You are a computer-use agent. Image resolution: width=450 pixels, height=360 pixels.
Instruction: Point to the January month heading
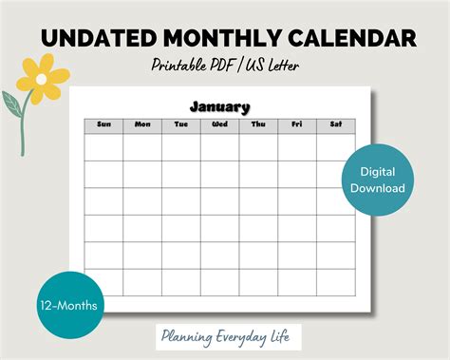click(x=219, y=106)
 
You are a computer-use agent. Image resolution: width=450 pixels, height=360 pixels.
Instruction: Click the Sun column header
click(x=103, y=124)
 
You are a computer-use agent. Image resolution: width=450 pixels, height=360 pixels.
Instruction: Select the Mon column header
click(x=142, y=124)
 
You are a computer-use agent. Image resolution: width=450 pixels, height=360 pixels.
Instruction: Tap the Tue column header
click(x=181, y=124)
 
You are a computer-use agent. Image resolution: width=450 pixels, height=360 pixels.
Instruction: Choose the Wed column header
click(x=219, y=124)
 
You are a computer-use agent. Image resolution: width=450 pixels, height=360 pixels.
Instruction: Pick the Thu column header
click(x=258, y=124)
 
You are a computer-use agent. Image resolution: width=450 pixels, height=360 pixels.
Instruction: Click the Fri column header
click(x=297, y=124)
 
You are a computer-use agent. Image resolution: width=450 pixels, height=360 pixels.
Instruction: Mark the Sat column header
click(x=335, y=124)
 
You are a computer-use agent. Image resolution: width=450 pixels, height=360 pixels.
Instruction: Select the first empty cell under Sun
click(x=103, y=147)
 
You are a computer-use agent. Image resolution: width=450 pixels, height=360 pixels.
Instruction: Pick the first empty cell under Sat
click(x=335, y=147)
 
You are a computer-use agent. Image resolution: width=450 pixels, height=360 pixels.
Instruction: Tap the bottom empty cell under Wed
click(x=219, y=282)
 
